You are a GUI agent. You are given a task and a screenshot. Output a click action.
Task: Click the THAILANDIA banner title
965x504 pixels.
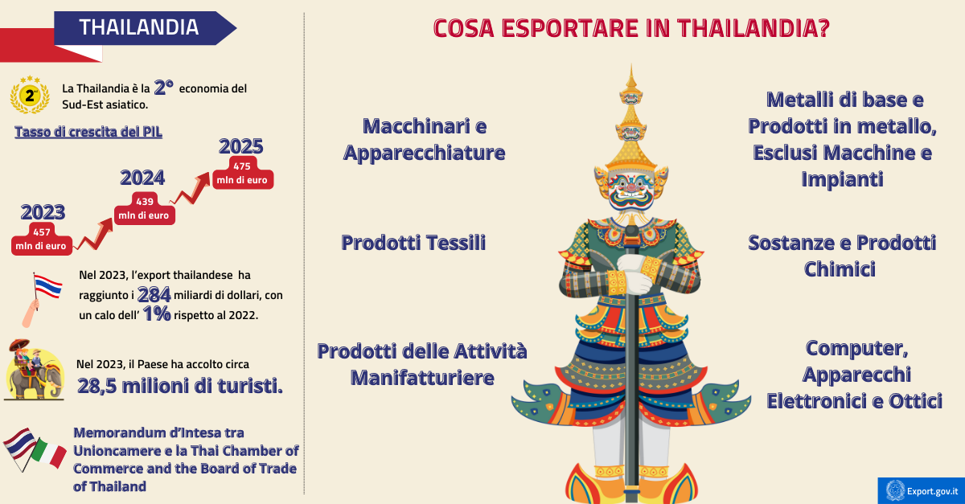click(138, 27)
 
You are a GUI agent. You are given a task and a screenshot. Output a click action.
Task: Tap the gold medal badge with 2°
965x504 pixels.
click(30, 97)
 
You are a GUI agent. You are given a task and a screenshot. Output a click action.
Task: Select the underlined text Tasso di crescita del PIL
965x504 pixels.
click(88, 132)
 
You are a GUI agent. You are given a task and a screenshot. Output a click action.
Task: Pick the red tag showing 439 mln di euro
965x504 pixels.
click(144, 208)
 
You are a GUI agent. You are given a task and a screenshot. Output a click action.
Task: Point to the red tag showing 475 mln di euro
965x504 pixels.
click(241, 174)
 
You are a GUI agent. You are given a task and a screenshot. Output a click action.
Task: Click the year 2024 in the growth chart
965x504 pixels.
click(142, 178)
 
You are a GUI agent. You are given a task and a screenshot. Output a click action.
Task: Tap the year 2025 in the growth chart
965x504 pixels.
click(241, 146)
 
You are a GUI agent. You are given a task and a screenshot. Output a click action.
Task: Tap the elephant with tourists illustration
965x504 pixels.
click(34, 370)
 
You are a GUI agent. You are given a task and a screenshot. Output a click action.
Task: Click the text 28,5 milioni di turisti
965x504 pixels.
click(179, 386)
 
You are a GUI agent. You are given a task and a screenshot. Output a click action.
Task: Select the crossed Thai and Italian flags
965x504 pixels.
click(34, 449)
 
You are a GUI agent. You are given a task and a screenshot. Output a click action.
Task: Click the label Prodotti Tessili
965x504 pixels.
click(413, 243)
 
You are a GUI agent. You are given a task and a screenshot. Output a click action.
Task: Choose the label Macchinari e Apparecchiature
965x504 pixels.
click(424, 139)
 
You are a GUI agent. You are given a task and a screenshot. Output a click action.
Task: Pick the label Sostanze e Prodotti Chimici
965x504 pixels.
click(841, 256)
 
